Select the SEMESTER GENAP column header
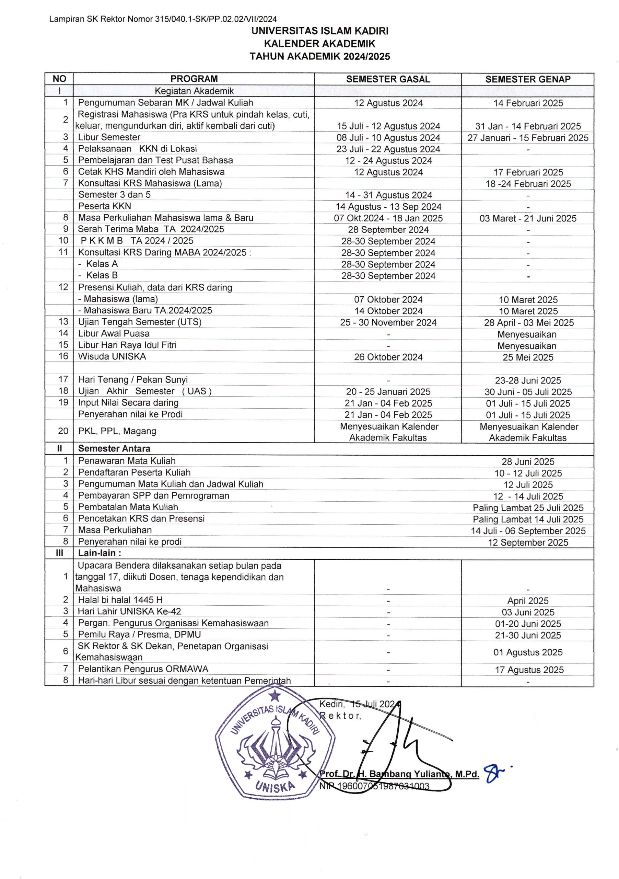point(528,79)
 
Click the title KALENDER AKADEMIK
point(319,44)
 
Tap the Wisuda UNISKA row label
point(112,356)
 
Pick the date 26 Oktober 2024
point(388,357)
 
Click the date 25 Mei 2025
point(528,357)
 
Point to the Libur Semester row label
point(109,137)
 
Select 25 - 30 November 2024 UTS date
point(388,323)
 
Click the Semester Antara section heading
point(114,448)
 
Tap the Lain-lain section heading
point(100,553)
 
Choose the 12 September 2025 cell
point(528,543)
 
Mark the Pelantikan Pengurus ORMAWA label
point(143,669)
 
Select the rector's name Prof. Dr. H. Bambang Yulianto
point(399,774)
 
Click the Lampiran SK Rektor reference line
point(163,19)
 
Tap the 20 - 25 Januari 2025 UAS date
point(388,392)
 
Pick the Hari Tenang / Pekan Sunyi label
point(133,379)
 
